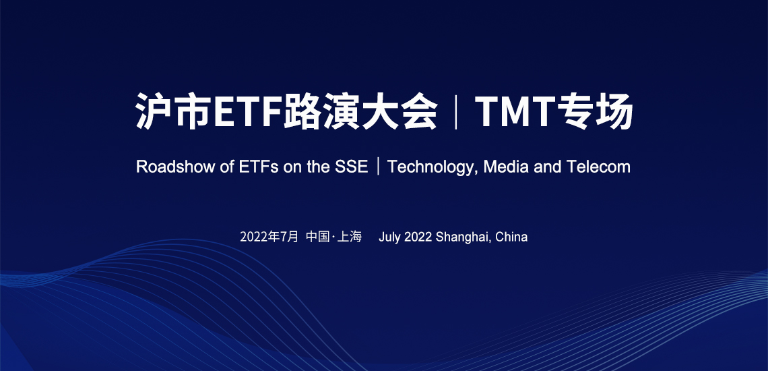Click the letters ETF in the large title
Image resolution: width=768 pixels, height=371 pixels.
pos(249,111)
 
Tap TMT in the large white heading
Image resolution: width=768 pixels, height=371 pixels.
pos(516,111)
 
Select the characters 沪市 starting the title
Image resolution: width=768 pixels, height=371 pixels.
pos(173,111)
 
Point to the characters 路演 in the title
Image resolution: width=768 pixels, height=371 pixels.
pos(322,111)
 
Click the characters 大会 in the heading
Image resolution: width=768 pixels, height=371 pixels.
pos(399,111)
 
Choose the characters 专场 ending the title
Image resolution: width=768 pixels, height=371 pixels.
pos(596,111)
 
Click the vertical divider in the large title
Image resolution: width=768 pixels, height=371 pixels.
pos(456,111)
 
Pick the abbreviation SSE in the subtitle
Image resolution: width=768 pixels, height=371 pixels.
pos(351,167)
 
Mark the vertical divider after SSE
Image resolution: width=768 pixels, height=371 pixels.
pos(378,167)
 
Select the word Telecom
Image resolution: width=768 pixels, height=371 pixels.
pos(598,167)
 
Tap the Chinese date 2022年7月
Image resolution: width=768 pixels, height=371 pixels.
pos(269,237)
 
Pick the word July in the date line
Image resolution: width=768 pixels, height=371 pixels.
pos(390,237)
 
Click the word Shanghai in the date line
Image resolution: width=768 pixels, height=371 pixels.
pos(463,237)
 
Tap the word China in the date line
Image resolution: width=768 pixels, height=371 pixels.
pos(511,237)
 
